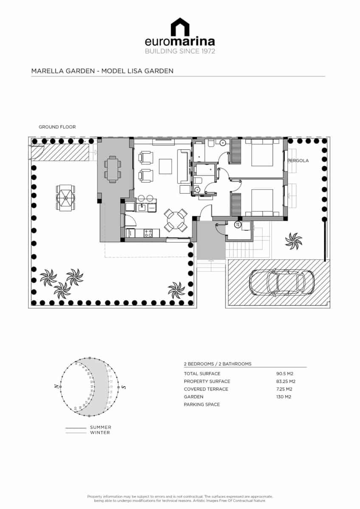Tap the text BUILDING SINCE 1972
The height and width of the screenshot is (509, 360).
click(x=180, y=51)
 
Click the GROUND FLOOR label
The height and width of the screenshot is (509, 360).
click(x=57, y=127)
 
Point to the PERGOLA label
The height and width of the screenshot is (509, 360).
click(x=298, y=161)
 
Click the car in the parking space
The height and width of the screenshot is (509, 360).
click(x=281, y=282)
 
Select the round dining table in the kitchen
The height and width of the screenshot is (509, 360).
click(x=176, y=220)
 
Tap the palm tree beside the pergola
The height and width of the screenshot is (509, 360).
click(x=293, y=241)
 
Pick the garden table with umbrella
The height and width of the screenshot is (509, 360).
click(x=65, y=197)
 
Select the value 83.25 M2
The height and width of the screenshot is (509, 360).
click(x=286, y=381)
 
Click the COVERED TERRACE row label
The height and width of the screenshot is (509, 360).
click(x=206, y=389)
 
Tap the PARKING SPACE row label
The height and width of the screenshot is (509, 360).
click(x=202, y=404)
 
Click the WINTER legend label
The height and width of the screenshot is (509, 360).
click(x=100, y=433)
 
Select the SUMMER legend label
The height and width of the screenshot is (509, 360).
click(x=101, y=427)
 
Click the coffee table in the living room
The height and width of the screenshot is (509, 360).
click(x=165, y=166)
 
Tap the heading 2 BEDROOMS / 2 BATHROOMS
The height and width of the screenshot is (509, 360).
click(x=217, y=364)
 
